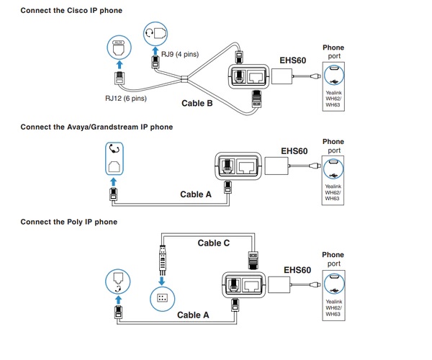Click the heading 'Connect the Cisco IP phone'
pyautogui.click(x=71, y=11)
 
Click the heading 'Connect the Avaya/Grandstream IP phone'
pyautogui.click(x=96, y=127)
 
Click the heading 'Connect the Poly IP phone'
pyautogui.click(x=68, y=222)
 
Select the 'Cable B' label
pyautogui.click(x=196, y=103)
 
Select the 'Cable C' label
pyautogui.click(x=214, y=243)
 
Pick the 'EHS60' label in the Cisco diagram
pyautogui.click(x=292, y=60)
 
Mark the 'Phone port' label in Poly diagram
pyautogui.click(x=333, y=259)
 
